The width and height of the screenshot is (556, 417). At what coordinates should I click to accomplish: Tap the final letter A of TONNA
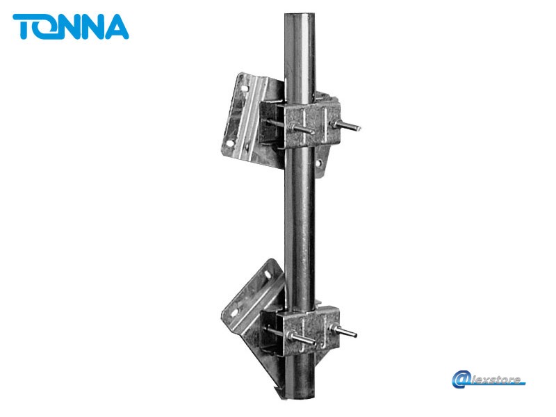(x=117, y=26)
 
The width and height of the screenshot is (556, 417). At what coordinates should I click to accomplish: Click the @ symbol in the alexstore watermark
(x=460, y=379)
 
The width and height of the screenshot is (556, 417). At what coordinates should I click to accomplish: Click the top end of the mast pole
(x=300, y=15)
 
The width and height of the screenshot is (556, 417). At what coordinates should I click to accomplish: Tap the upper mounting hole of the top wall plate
(x=245, y=88)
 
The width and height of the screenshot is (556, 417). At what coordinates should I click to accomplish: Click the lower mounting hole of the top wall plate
(x=229, y=143)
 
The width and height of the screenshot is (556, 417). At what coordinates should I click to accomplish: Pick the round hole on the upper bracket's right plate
(x=319, y=163)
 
